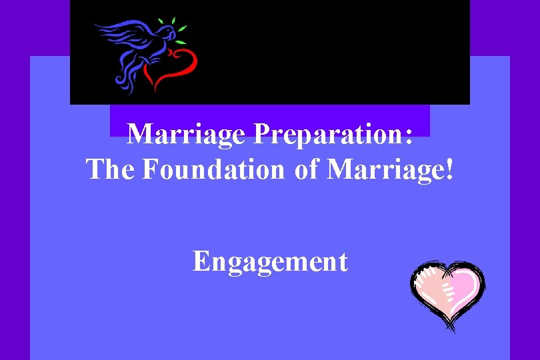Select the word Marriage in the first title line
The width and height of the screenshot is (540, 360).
click(x=187, y=135)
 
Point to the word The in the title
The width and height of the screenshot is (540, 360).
click(x=111, y=169)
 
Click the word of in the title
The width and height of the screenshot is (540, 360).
click(x=307, y=169)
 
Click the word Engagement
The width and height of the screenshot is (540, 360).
click(x=270, y=261)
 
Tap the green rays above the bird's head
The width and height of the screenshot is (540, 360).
click(x=175, y=25)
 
